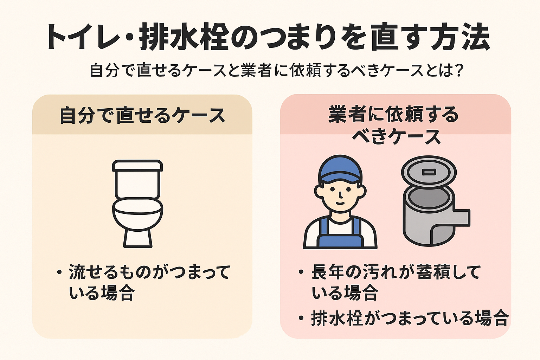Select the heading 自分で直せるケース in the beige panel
pos(142,115)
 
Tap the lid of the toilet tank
pos(137,165)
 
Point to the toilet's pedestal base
pos(137,239)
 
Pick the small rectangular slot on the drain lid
pos(429,172)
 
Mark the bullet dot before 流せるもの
pos(59,272)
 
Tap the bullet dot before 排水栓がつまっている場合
pos(301,319)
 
